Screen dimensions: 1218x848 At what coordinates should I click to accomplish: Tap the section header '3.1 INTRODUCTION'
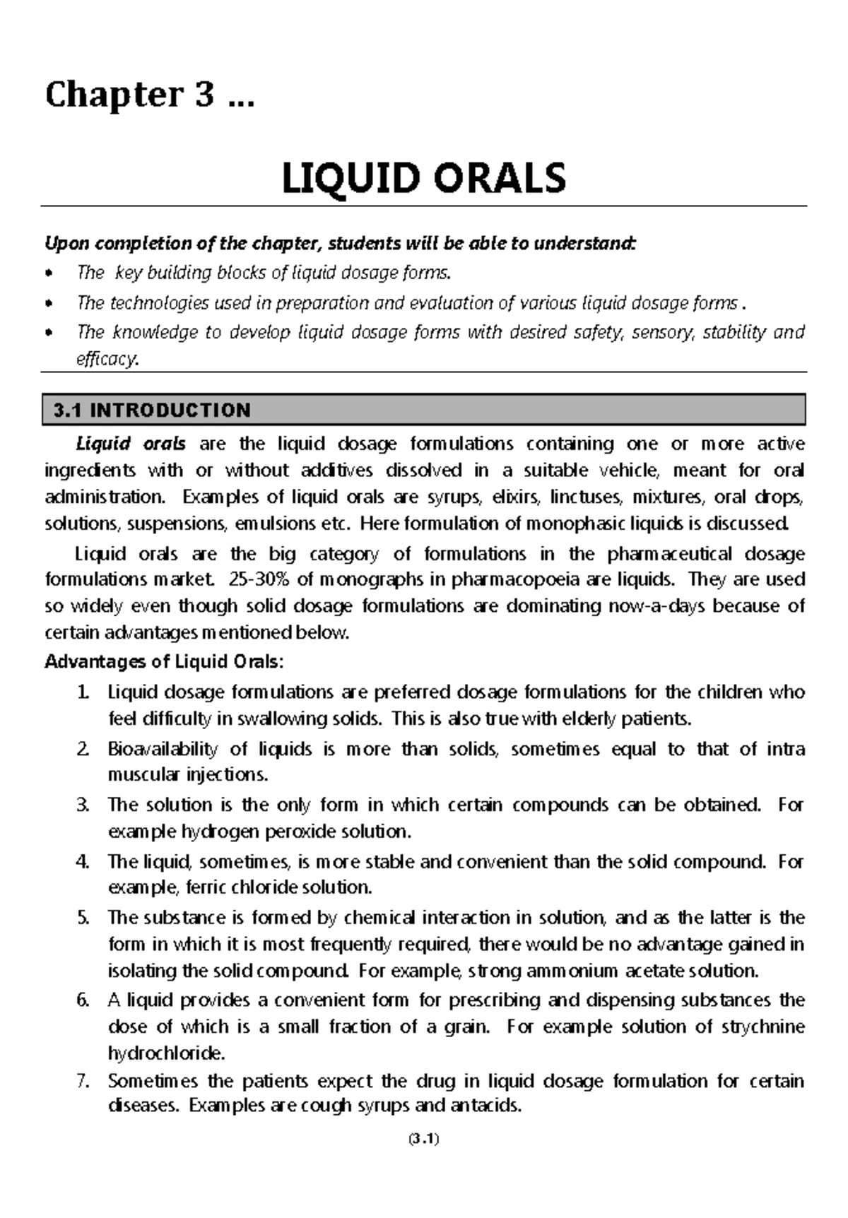[152, 410]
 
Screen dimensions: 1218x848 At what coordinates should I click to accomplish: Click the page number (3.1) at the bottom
[424, 1138]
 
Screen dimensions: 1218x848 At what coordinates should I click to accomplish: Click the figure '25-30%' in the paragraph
[260, 580]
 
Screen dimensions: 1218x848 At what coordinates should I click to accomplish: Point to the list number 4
[83, 862]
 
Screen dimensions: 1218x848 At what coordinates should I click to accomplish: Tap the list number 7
[83, 1082]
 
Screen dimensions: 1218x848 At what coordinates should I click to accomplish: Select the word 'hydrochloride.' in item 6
[166, 1053]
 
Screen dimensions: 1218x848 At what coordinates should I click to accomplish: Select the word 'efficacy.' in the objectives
[108, 360]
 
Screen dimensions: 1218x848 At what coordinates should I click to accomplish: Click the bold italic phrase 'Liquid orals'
[131, 444]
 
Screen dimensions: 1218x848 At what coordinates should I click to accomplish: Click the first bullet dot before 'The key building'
[49, 273]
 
